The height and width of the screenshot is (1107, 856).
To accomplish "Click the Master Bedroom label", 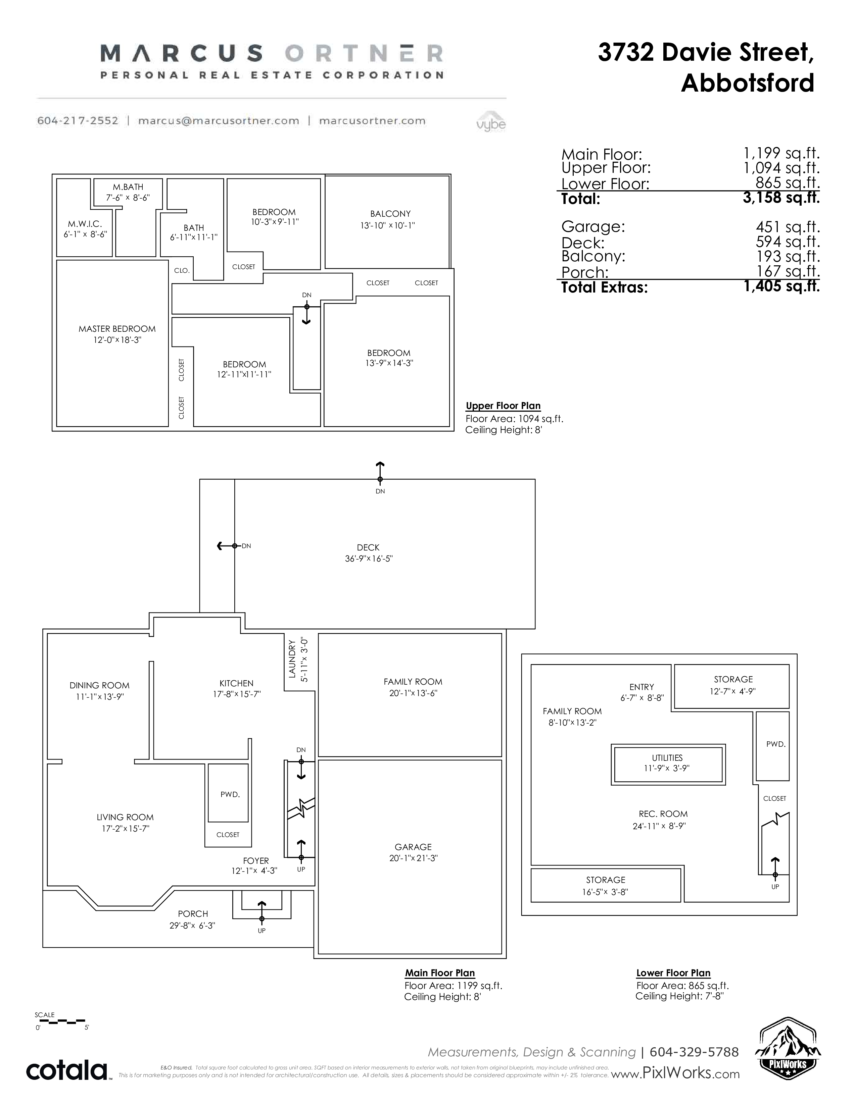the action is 117,329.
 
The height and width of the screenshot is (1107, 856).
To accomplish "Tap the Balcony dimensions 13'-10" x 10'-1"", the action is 388,225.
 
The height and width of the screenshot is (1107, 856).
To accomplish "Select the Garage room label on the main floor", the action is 413,847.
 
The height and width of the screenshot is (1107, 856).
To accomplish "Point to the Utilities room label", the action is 667,758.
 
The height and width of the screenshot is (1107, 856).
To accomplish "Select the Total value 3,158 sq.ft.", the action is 781,197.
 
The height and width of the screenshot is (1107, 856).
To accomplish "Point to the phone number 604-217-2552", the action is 78,121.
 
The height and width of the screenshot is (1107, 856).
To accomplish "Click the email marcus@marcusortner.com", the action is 219,121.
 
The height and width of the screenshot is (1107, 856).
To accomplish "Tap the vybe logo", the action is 491,122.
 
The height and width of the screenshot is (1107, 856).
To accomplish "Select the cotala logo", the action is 67,1070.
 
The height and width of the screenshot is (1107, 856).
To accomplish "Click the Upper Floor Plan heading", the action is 503,406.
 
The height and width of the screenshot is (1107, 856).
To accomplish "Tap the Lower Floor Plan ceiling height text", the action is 679,996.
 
